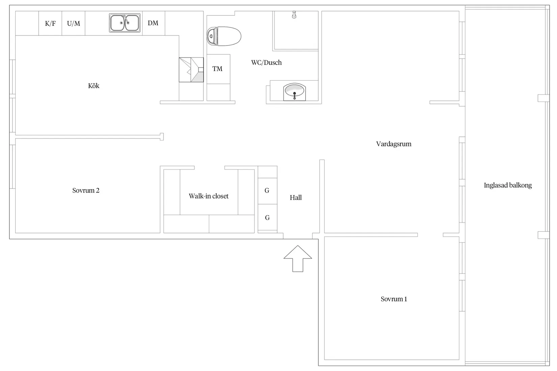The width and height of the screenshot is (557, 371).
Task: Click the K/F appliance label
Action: click(50, 24)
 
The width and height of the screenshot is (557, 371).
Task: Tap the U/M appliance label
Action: click(74, 24)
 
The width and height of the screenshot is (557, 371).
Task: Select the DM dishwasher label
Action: click(153, 23)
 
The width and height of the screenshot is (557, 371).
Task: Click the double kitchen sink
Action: click(125, 23)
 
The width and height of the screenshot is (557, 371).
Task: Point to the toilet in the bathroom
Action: click(224, 36)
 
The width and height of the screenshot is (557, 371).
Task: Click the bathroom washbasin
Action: click(294, 92)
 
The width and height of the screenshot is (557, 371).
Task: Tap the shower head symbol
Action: click(294, 15)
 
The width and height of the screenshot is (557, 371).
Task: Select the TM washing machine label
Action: click(217, 69)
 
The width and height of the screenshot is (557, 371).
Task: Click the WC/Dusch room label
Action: click(266, 63)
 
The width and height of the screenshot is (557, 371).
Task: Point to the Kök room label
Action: click(94, 86)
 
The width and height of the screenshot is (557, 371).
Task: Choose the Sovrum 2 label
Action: click(86, 191)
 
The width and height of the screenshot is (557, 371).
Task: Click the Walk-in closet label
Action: click(209, 196)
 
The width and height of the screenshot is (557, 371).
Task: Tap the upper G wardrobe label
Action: click(267, 191)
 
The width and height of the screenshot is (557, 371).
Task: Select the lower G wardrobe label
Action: click(267, 218)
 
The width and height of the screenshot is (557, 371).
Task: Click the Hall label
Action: click(296, 198)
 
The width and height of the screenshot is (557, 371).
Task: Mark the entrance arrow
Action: click(298, 258)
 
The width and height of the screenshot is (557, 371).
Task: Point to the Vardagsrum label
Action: click(394, 144)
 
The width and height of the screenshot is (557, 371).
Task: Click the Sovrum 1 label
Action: click(394, 299)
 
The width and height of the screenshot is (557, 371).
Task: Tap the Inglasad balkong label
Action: click(508, 185)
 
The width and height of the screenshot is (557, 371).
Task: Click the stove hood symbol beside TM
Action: click(191, 70)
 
